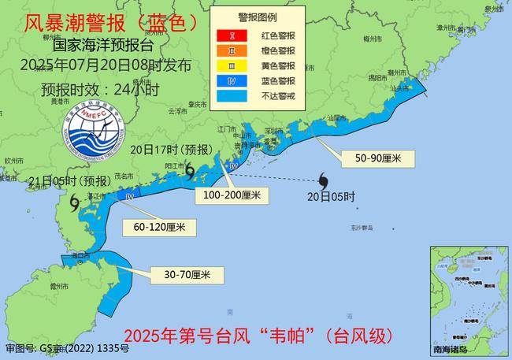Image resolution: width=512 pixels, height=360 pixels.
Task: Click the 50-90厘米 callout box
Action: tap(378, 158)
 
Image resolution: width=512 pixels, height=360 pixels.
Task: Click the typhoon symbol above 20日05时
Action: tap(324, 179)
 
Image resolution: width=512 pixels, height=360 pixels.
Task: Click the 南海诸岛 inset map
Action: tap(469, 299)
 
